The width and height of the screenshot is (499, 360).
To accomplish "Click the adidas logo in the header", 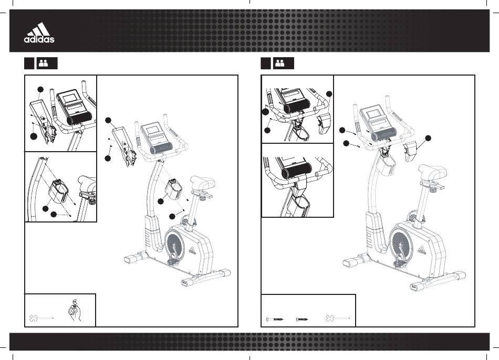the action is coord(39,33).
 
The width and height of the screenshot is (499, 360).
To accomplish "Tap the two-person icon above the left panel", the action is coord(43,63).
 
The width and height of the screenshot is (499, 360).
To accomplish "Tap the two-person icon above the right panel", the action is coord(280,63).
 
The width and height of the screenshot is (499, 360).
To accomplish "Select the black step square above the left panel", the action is coord(29,63).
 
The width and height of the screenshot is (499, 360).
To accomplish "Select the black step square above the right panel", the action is coord(266,63).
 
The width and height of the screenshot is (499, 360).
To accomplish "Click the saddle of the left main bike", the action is coord(202,182).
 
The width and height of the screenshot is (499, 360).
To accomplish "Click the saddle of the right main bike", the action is coord(432,171).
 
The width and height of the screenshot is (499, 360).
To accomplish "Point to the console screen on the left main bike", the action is coord(152,130).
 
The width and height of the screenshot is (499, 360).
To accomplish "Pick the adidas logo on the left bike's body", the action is coord(193,250).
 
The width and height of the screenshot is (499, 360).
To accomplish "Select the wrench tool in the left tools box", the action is coord(41,318).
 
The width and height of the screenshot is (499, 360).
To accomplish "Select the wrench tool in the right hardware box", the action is coord(338,318).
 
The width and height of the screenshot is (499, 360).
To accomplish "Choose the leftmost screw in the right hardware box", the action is coord(274,319).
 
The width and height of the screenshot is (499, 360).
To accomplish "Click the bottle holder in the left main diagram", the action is coord(173,189).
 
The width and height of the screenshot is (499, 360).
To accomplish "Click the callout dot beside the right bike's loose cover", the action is coord(428,138).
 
